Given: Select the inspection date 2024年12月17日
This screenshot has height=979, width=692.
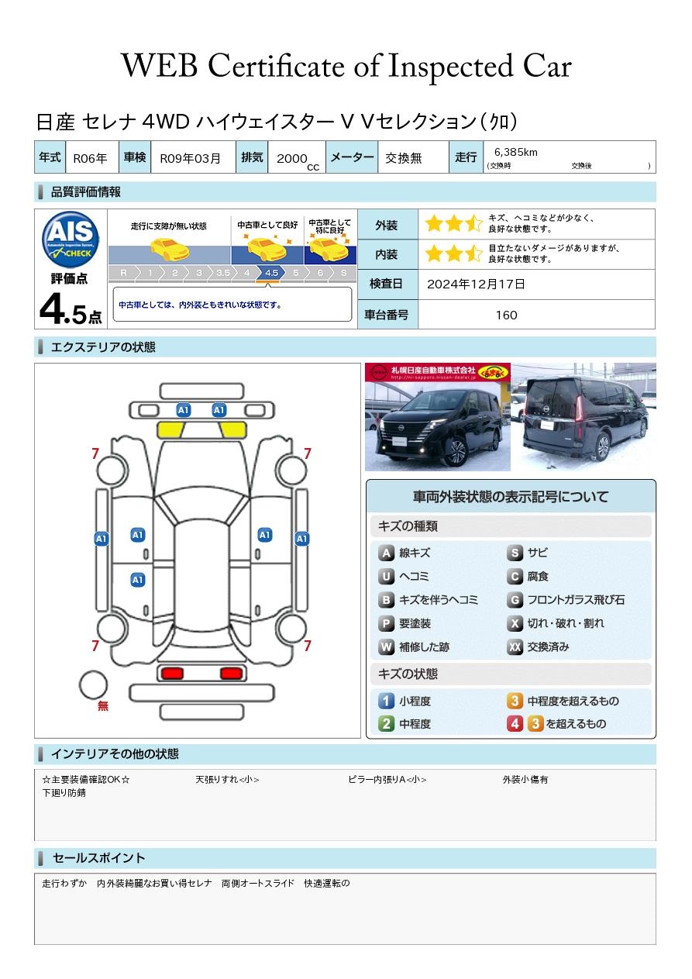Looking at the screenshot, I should [476, 284].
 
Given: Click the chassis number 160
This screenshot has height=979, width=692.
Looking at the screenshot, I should [506, 315].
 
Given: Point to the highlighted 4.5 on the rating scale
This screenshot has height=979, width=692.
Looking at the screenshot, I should [271, 273].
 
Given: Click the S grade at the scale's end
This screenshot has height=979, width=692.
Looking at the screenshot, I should [343, 273].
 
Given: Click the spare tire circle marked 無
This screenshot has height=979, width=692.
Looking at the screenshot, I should [94, 685].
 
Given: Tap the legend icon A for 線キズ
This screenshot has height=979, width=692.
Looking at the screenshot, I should [386, 553].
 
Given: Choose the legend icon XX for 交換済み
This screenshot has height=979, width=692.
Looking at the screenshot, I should [515, 646].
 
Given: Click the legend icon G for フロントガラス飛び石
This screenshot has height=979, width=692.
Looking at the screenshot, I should [515, 600].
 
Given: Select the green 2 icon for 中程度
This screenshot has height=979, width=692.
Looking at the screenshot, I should [386, 724].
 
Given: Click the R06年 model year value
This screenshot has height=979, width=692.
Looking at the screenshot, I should [90, 158].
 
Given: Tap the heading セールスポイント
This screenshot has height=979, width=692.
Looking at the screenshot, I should [98, 858].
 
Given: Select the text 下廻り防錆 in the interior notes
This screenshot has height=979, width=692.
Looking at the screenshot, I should [64, 793].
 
